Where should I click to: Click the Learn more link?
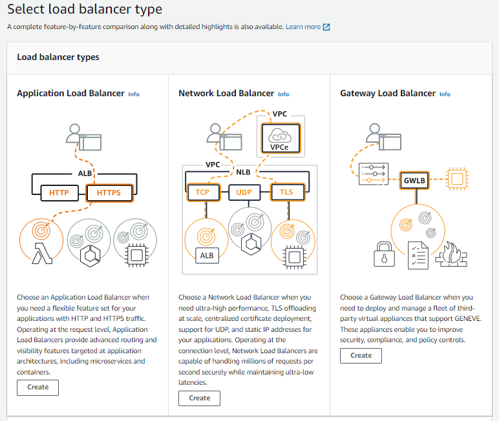coord(308,26)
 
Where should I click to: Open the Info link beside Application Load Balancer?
coord(134,94)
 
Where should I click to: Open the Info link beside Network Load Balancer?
coord(283,94)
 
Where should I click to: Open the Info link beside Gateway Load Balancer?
coord(445,94)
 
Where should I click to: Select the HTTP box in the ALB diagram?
coord(59,192)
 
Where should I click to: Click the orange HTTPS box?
coord(109,192)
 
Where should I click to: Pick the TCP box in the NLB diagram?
coord(203,192)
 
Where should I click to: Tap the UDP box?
coord(244,192)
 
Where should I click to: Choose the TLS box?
coord(288,192)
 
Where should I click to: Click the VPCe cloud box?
coord(281,138)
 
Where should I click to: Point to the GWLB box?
coord(414,180)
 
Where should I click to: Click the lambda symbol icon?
coord(42,253)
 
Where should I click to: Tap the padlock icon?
coord(384,254)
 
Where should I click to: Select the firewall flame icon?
coord(451,254)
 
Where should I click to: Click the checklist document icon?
coord(418,255)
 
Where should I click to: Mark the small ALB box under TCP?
coord(207,256)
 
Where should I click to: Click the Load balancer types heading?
coord(58,57)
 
